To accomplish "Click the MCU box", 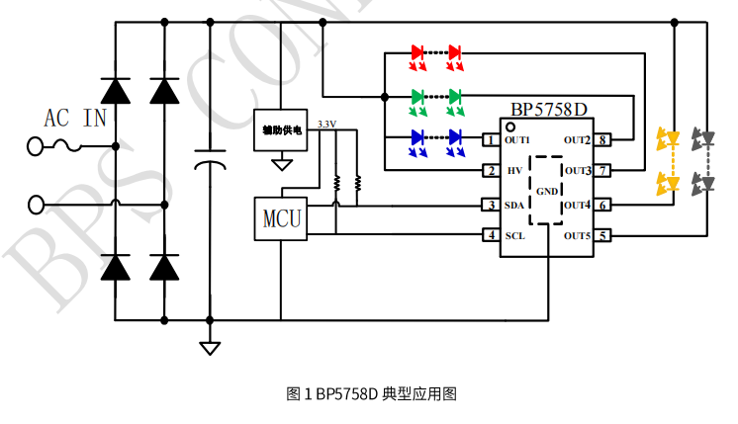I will (281, 216).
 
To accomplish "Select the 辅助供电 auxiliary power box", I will (282, 129).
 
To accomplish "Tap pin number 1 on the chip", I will (489, 140).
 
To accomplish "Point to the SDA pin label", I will (514, 205).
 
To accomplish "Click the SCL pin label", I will (514, 236).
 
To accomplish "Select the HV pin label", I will (513, 171).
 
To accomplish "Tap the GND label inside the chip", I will (547, 190).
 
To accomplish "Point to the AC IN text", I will (75, 119).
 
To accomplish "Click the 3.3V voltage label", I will (325, 124).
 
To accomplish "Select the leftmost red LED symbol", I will (417, 52).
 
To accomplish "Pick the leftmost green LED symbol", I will (417, 97).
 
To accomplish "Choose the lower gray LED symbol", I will (702, 182).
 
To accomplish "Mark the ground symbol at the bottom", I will (210, 348).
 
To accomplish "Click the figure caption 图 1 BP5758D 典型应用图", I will (371, 393).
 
